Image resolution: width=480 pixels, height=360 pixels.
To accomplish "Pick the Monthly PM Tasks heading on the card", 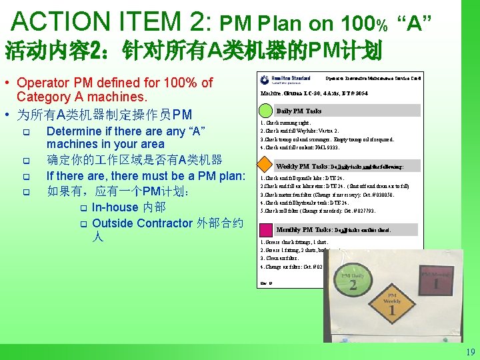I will (304, 229).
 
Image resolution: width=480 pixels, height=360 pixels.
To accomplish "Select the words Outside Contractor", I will (143, 223).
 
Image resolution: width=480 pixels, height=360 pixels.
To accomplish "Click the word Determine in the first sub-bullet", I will (75, 131).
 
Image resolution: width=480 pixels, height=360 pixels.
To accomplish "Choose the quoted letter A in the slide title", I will (413, 25).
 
